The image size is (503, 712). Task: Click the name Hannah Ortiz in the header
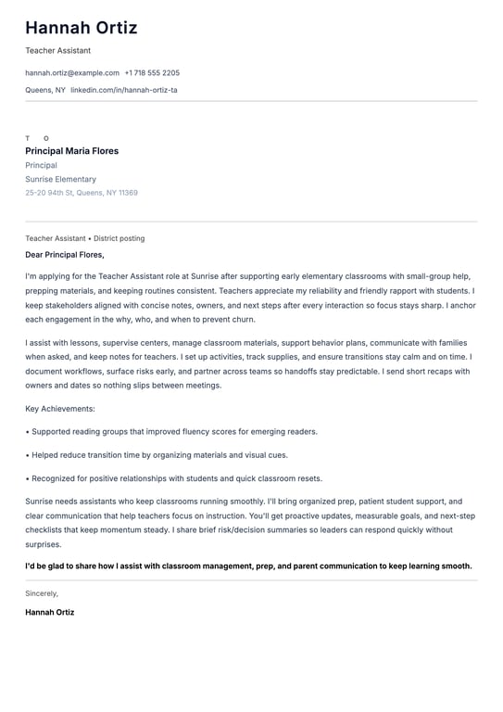82,28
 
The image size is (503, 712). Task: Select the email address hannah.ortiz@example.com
72,72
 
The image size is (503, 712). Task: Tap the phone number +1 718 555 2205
152,72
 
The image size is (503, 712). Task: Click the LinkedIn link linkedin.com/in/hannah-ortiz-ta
124,90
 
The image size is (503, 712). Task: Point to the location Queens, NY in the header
45,90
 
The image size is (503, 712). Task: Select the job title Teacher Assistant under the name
57,51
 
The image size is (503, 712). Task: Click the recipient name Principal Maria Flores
72,151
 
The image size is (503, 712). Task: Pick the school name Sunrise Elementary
60,179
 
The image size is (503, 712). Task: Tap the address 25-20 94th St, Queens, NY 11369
82,193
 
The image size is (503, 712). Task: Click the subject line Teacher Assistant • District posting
85,238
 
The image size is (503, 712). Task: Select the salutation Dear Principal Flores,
65,255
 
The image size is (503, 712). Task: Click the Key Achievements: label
60,408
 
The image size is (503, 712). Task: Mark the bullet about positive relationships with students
174,478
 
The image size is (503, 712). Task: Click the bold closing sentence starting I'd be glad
248,566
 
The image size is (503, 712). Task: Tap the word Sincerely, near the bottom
42,593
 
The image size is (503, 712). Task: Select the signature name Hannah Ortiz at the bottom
50,612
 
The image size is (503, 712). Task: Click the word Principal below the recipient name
41,165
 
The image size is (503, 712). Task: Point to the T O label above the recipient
37,138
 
